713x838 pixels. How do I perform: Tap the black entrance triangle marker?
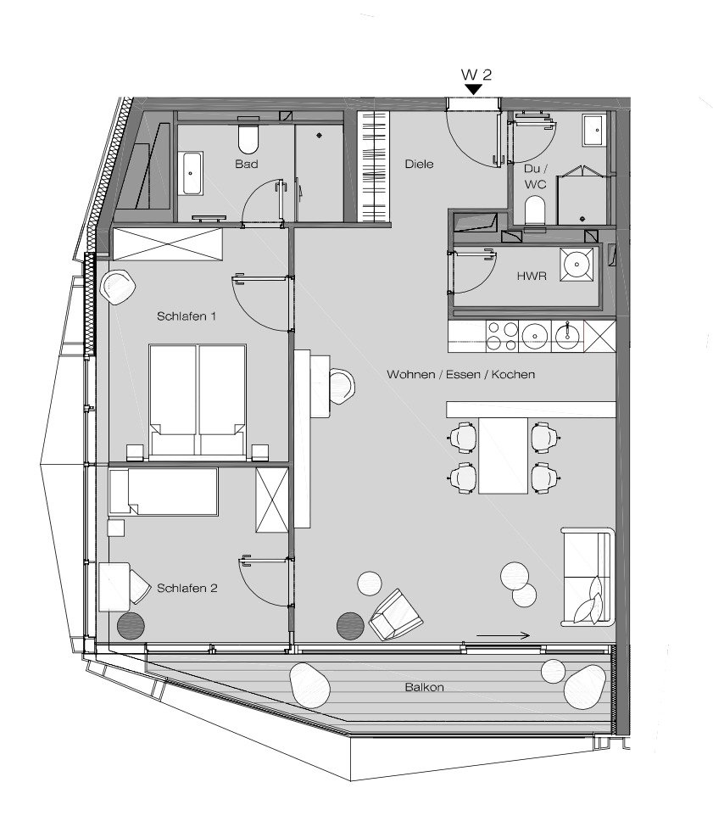click(474, 88)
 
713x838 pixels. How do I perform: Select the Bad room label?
click(247, 164)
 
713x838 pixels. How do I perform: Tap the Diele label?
click(419, 164)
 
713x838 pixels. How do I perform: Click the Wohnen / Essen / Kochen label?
click(460, 374)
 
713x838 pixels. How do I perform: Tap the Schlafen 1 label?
click(187, 316)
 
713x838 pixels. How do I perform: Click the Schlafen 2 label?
click(187, 586)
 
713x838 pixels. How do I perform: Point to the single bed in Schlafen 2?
click(163, 492)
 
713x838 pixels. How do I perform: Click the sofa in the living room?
click(586, 577)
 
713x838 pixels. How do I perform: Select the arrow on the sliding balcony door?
click(503, 634)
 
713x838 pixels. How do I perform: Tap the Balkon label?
click(424, 688)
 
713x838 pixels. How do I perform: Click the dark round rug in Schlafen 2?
click(131, 626)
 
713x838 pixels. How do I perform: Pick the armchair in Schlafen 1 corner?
click(117, 287)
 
